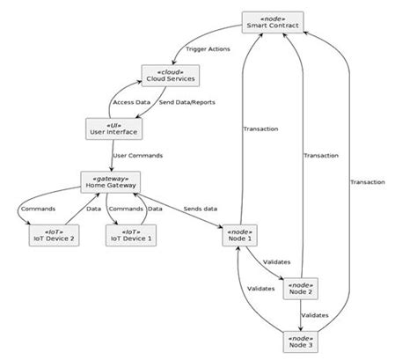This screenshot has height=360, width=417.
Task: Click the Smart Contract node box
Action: pos(273,23)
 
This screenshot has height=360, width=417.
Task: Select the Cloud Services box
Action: pos(168,76)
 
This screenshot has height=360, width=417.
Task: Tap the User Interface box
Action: pos(110,129)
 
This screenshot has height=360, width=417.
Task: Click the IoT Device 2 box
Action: pos(48,235)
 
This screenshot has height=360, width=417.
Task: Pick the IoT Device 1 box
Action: pos(129,235)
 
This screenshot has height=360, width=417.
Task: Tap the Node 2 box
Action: pos(302,288)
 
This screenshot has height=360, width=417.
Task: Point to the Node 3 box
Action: pos(302,340)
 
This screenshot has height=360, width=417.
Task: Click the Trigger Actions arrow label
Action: pos(208,49)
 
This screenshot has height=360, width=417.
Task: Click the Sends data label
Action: pos(201,209)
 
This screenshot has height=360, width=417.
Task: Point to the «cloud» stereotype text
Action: pos(168,70)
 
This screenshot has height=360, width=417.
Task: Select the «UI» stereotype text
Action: pos(110,123)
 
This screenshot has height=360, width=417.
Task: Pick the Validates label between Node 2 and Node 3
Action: pos(316,314)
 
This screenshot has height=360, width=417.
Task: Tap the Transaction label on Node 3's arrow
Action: pos(367,182)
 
